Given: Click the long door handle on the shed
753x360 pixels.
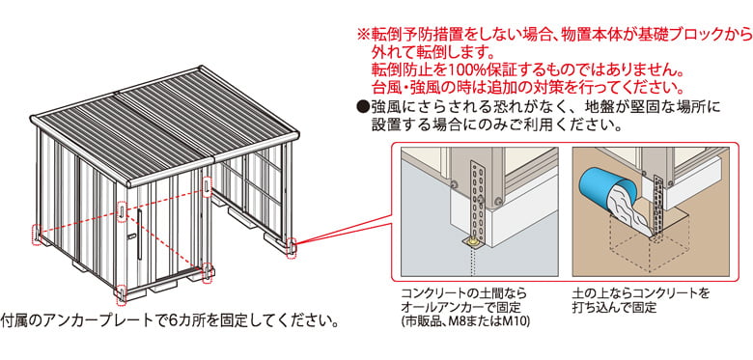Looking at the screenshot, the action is (x=139, y=235).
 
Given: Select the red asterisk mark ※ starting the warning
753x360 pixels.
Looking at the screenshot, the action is (x=363, y=35).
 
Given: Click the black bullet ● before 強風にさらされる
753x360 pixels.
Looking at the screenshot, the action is (x=364, y=105).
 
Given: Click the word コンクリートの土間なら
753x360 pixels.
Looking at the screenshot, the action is (x=463, y=292).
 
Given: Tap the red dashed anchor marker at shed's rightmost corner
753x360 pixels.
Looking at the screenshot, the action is (x=291, y=249).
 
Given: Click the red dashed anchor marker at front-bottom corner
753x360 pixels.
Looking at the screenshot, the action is (x=122, y=294).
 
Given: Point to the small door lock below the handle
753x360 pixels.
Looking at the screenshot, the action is (x=130, y=237).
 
